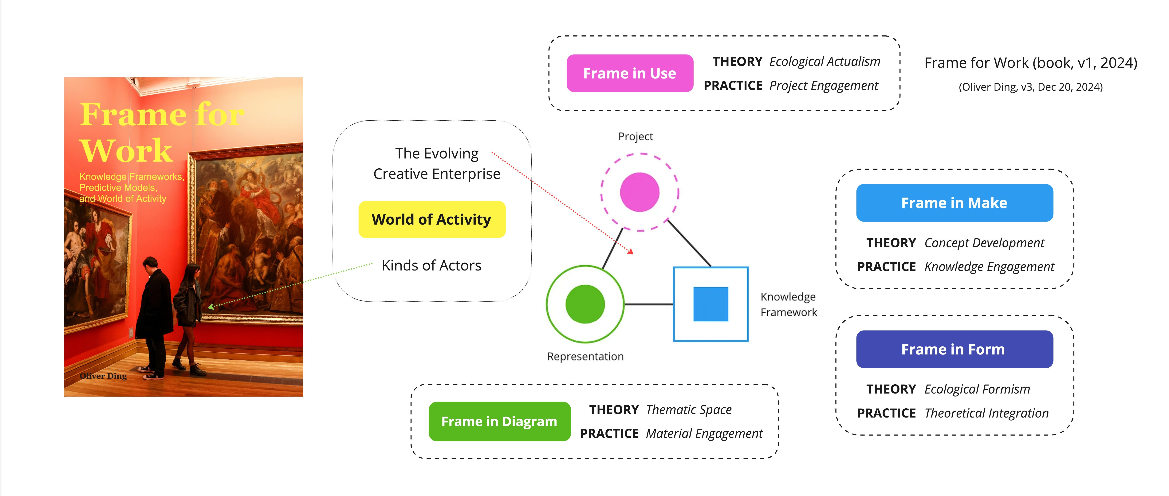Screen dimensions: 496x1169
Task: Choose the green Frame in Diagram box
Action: [x=499, y=422]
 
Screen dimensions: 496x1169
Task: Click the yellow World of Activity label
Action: [x=431, y=219]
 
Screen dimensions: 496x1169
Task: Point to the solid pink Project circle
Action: [x=640, y=192]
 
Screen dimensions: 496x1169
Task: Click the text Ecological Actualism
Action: [x=825, y=62]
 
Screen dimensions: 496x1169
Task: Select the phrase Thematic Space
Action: [x=688, y=410]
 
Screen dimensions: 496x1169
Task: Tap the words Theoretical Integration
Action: [x=986, y=413]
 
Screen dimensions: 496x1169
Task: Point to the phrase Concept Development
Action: [x=984, y=243]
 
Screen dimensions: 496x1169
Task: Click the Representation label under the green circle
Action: [x=585, y=357]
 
